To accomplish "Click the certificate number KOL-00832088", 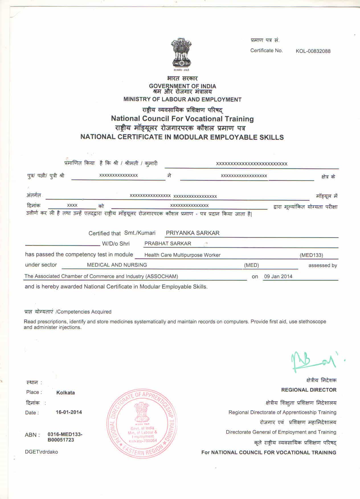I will (x=313, y=51).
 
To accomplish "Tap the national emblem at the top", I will (x=181, y=53).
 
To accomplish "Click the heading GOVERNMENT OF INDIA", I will (x=183, y=86).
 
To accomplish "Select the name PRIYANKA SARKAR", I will (x=193, y=233).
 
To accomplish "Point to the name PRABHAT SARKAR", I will (x=168, y=244).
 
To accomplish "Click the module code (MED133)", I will (x=311, y=255).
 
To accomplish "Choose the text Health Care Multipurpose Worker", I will (x=182, y=255).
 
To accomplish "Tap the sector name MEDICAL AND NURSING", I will (x=117, y=265).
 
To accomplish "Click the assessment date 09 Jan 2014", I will (x=278, y=276).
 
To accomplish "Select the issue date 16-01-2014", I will (x=69, y=412).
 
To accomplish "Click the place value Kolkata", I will (x=66, y=392).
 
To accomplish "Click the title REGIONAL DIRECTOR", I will (x=309, y=390).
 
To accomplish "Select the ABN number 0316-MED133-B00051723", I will (x=65, y=437).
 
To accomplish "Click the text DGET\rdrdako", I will (x=41, y=452).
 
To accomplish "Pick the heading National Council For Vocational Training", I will (x=182, y=118).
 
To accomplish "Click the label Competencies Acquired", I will (x=84, y=312).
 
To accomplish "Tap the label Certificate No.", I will (x=266, y=51).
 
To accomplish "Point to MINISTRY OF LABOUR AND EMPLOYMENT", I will (x=182, y=100).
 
